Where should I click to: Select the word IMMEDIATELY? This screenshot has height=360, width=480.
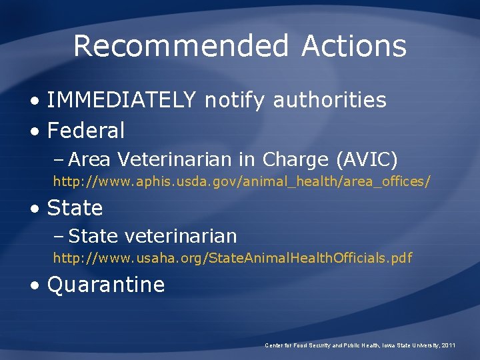click(x=121, y=100)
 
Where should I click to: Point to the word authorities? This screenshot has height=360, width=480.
click(x=329, y=100)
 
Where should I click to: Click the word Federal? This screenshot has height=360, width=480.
click(x=86, y=131)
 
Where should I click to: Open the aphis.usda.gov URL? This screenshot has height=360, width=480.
click(x=242, y=181)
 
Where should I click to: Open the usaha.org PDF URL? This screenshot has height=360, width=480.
click(x=233, y=257)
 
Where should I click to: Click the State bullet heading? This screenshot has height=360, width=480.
click(x=75, y=208)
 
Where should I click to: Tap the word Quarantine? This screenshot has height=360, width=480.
click(x=106, y=285)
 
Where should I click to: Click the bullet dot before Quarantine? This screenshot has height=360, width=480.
click(x=35, y=285)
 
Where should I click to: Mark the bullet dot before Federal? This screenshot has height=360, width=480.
click(x=35, y=131)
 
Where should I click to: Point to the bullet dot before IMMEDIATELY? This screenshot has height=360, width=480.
click(x=35, y=101)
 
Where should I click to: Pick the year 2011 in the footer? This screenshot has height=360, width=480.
click(x=448, y=345)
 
